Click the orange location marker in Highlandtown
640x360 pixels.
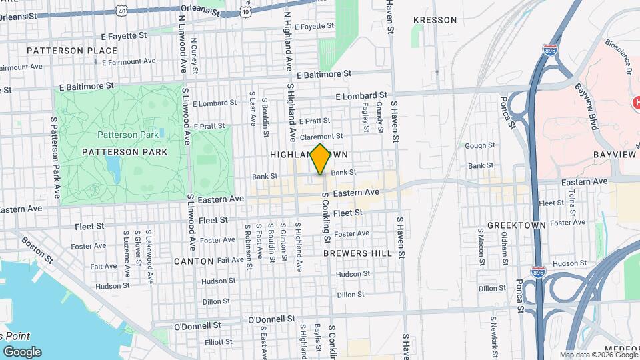321,159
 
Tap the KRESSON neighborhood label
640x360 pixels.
435,20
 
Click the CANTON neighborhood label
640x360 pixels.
193,261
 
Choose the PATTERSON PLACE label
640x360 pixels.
63,51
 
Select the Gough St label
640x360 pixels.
479,145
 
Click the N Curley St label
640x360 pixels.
195,51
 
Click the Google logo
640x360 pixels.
22,351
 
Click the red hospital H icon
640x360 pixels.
635,103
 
